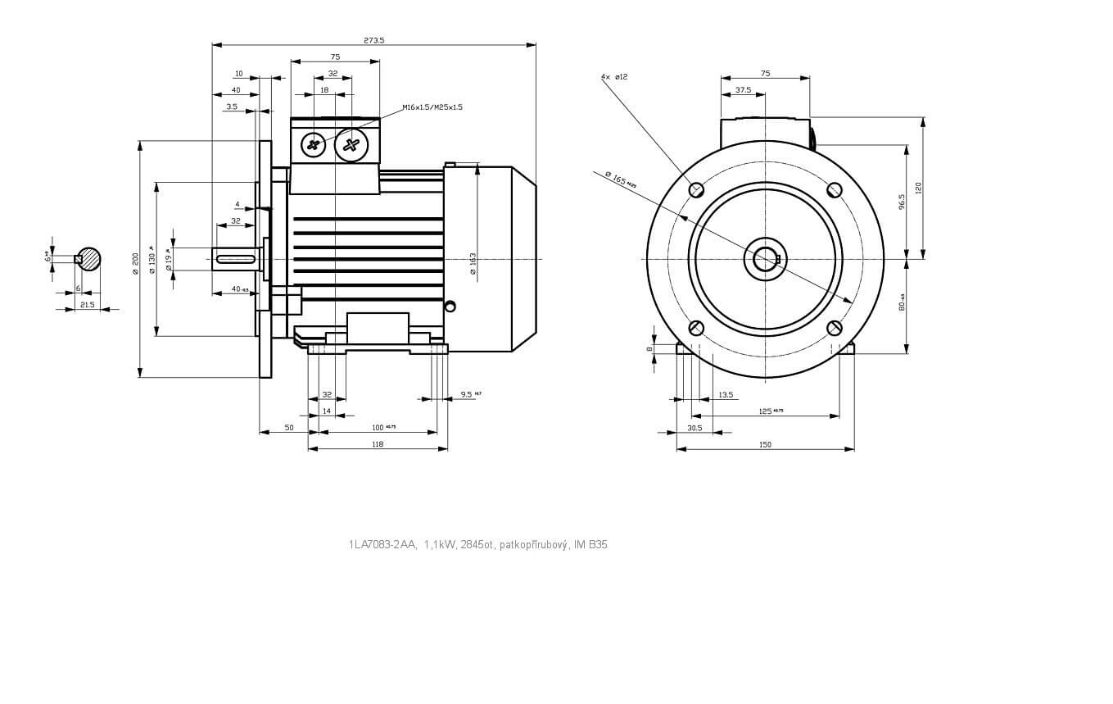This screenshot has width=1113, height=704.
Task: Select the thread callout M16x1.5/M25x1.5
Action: click(x=432, y=107)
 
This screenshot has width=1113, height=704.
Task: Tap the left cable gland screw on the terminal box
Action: click(x=314, y=145)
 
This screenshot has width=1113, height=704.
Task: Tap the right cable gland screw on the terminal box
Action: click(x=351, y=145)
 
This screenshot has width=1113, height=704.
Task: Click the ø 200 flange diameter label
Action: click(x=136, y=263)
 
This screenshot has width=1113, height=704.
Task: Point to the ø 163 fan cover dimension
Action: click(x=473, y=263)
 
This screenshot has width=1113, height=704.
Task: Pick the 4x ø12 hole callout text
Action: click(x=614, y=77)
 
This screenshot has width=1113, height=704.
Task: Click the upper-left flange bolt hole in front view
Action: click(x=696, y=190)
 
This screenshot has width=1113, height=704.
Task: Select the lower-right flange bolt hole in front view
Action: click(x=835, y=329)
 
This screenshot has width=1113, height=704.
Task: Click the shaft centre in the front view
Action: click(x=766, y=259)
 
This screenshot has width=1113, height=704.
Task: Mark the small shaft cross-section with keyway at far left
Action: click(x=88, y=259)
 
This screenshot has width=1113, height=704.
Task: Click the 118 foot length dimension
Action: click(x=377, y=444)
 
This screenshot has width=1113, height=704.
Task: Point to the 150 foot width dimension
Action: click(x=765, y=444)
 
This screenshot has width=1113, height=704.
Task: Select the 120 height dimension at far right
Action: click(x=919, y=188)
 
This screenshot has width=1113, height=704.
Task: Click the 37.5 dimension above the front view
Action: click(x=743, y=90)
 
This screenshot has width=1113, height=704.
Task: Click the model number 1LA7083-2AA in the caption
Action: click(x=382, y=544)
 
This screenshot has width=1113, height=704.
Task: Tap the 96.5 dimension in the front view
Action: click(x=902, y=202)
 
